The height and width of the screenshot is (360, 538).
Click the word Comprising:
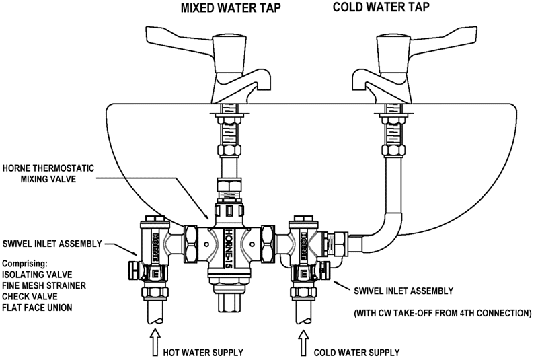29,261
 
